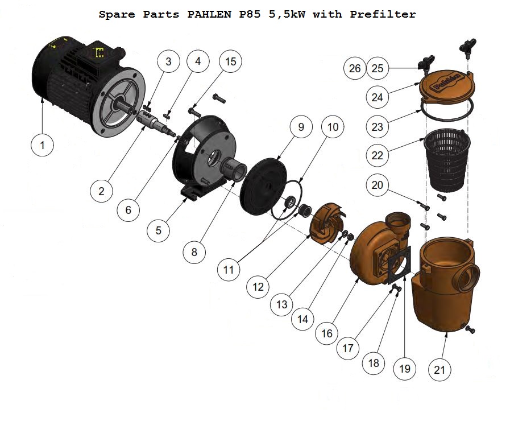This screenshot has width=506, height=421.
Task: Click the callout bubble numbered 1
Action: pos(42,146)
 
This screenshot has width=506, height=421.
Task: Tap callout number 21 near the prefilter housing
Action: pos(439,370)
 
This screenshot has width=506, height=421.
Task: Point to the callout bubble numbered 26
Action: pos(355,69)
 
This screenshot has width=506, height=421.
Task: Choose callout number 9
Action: pos(301,127)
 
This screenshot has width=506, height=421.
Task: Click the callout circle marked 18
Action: pos(374,363)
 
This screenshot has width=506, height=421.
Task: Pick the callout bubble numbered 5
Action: pos(159,230)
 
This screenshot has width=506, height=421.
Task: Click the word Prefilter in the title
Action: pos(383,14)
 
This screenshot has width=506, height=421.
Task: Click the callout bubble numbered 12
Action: pos(259,287)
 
